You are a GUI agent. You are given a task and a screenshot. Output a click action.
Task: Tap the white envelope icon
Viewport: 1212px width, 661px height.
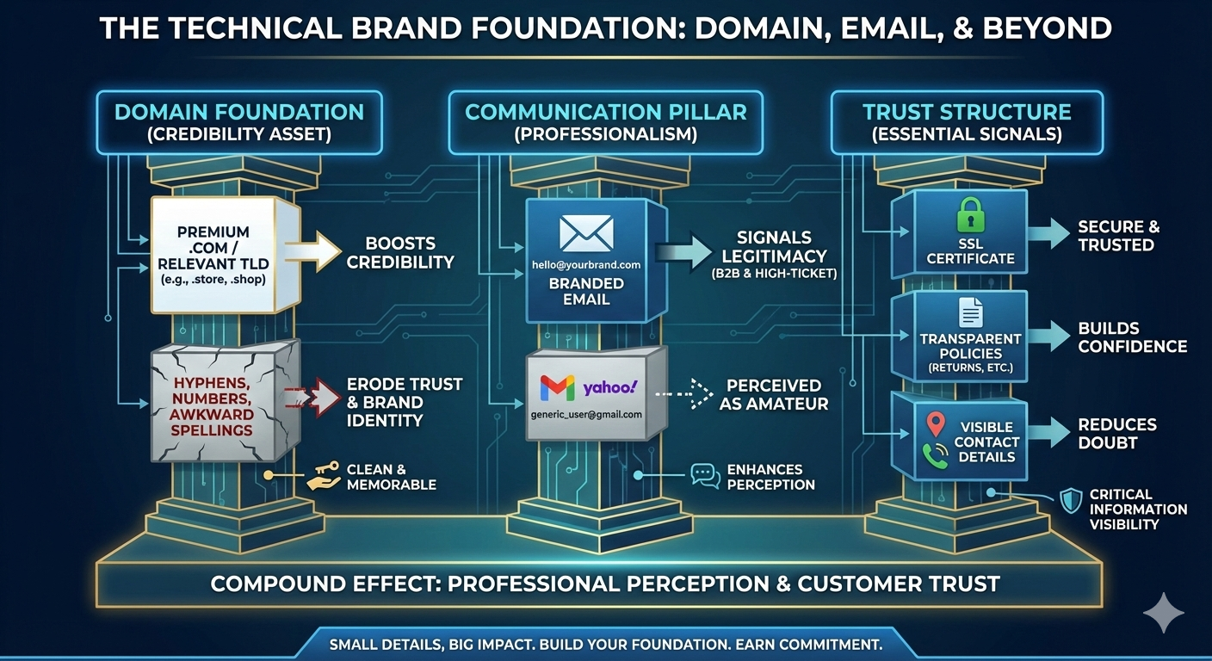pyautogui.click(x=586, y=233)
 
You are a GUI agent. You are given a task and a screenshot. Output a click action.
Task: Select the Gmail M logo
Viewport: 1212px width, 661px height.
pyautogui.click(x=556, y=388)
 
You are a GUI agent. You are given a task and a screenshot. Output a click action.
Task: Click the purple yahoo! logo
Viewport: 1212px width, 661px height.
pyautogui.click(x=609, y=387)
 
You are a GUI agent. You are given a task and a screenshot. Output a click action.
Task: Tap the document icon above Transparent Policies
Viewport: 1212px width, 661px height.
pyautogui.click(x=970, y=312)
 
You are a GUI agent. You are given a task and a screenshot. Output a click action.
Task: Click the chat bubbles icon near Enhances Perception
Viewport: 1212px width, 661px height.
pyautogui.click(x=705, y=476)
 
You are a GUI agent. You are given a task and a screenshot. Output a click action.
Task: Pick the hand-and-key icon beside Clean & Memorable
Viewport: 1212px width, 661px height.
pyautogui.click(x=324, y=476)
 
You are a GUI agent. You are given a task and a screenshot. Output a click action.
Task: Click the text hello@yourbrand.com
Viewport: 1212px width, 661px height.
pyautogui.click(x=586, y=264)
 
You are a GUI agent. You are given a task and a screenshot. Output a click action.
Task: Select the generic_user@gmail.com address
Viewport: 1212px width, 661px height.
pyautogui.click(x=586, y=414)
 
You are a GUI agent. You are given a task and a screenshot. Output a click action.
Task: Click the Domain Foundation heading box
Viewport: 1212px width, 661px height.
pyautogui.click(x=239, y=122)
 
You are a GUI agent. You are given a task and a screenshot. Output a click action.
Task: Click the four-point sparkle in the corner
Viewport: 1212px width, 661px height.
pyautogui.click(x=1164, y=613)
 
